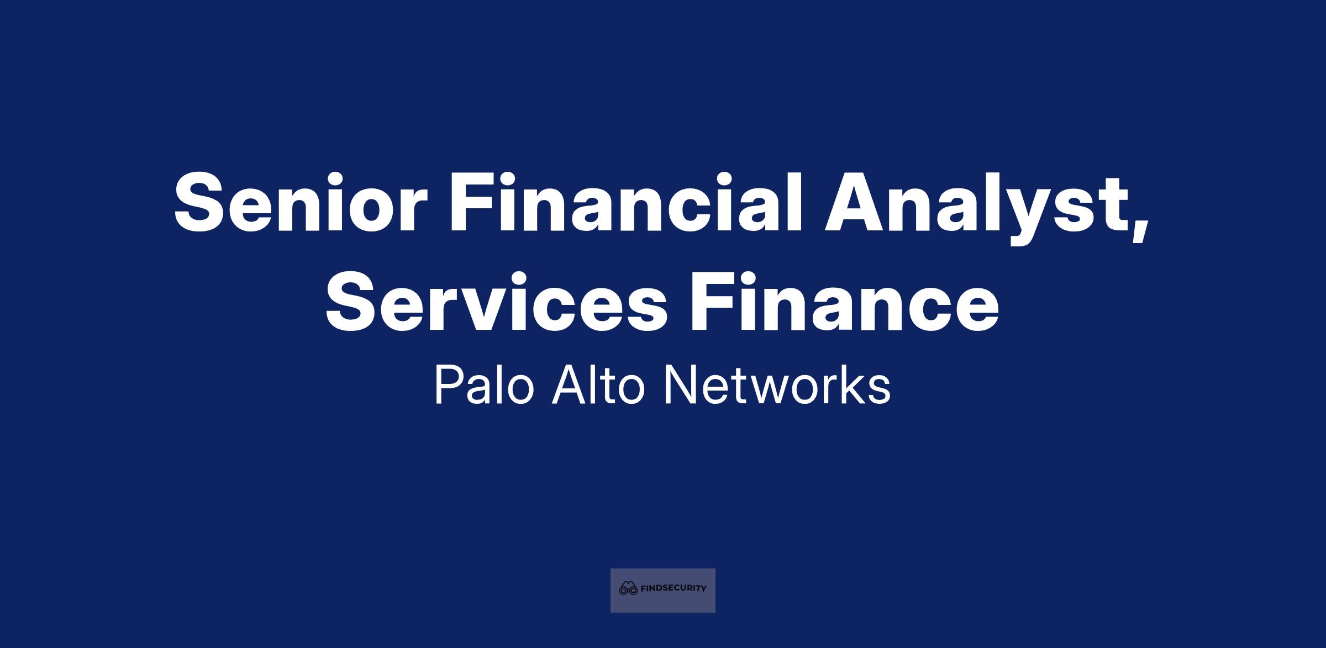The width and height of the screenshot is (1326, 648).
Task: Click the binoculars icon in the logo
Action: (629, 588)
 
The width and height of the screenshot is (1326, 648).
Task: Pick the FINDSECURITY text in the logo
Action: (673, 589)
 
